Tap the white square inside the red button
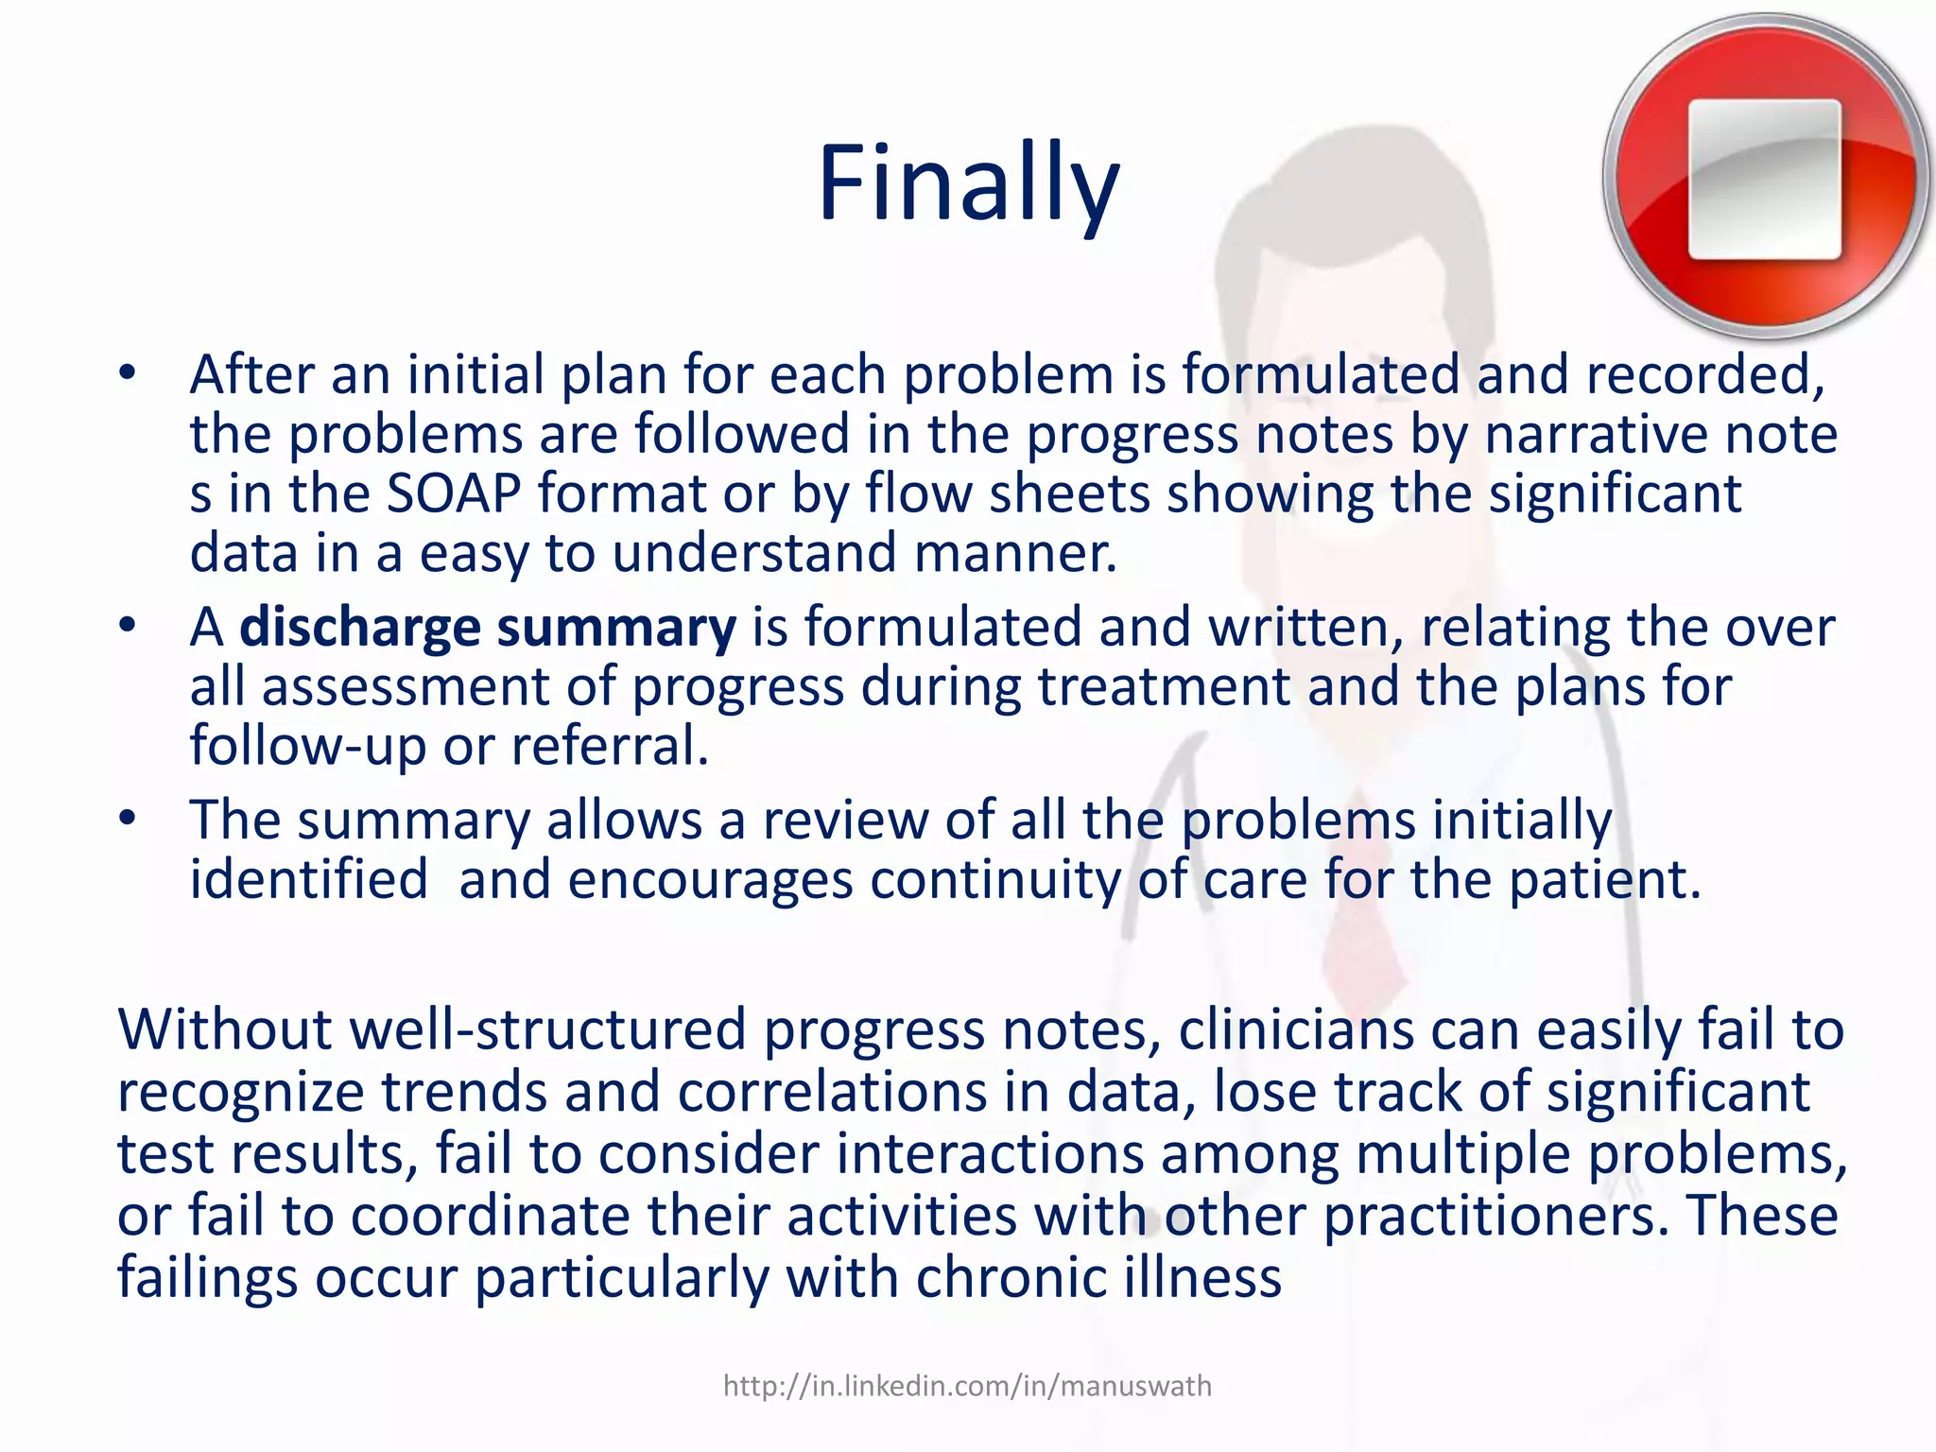(x=1764, y=179)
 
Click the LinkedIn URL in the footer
(x=967, y=1386)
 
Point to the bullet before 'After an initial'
(x=128, y=373)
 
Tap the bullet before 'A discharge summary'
(x=128, y=626)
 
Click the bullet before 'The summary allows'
(x=128, y=818)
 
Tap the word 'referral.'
(x=610, y=746)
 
